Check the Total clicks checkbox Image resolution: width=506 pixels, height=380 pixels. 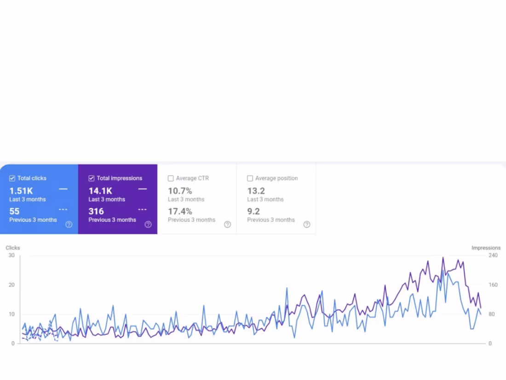[x=12, y=178]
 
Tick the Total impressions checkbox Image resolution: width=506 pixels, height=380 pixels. [x=92, y=178]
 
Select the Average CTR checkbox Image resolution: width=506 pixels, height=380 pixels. [x=171, y=178]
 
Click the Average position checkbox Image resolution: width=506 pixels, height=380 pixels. [x=250, y=178]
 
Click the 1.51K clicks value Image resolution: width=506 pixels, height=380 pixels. [x=21, y=191]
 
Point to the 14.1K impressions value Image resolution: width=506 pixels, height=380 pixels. [x=100, y=191]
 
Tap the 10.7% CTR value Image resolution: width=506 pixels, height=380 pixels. [x=180, y=191]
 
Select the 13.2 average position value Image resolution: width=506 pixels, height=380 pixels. [x=256, y=191]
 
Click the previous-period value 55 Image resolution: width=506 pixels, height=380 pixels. [x=14, y=211]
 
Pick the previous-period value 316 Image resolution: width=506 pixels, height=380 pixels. [x=96, y=211]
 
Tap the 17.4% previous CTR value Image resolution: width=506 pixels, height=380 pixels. [x=180, y=211]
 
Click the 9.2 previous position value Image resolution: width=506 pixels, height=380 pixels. [x=253, y=211]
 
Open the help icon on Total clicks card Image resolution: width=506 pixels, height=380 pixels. [x=69, y=224]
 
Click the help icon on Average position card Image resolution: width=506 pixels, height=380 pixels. [x=307, y=224]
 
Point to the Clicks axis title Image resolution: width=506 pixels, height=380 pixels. [x=13, y=248]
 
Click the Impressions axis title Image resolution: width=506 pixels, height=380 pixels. [x=486, y=248]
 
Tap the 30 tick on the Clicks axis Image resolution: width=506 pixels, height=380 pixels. [x=11, y=255]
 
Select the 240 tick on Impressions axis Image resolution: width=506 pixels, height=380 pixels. [x=493, y=255]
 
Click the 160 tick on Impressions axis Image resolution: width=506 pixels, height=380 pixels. [x=493, y=285]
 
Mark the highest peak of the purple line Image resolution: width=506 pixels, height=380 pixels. [x=443, y=258]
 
